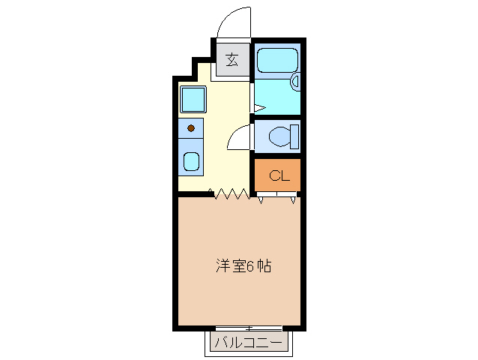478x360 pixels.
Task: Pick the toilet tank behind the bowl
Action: pyautogui.click(x=295, y=137)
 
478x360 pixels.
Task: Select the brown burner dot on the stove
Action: pyautogui.click(x=191, y=128)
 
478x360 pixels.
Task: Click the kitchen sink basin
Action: pyautogui.click(x=192, y=160)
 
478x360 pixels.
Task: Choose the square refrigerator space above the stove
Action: pyautogui.click(x=193, y=100)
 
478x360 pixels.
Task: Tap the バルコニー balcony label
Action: pyautogui.click(x=249, y=343)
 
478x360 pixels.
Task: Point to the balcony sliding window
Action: pyautogui.click(x=249, y=328)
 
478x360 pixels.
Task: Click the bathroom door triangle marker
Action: pyautogui.click(x=256, y=108)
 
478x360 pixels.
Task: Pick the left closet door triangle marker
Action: pyautogui.click(x=261, y=199)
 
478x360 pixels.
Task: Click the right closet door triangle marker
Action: pyautogui.click(x=292, y=199)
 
